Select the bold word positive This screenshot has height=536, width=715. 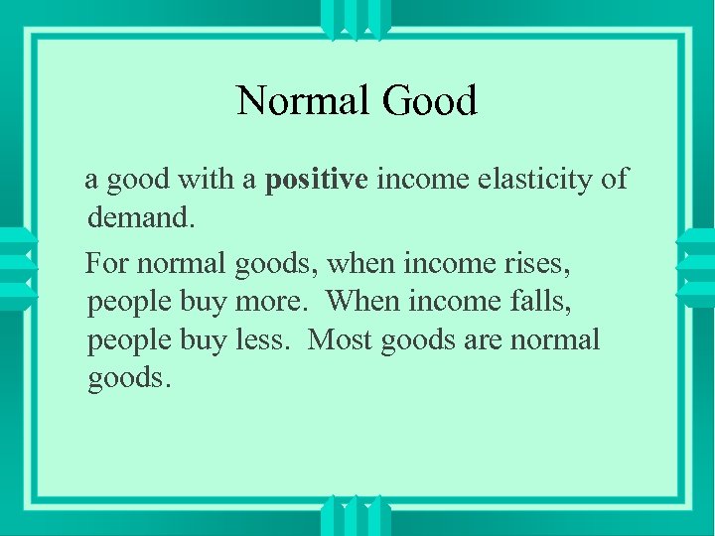(317, 180)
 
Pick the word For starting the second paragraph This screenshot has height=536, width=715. (106, 264)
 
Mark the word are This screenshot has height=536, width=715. (481, 339)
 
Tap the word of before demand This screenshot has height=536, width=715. (615, 179)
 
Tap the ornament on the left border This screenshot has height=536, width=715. (17, 267)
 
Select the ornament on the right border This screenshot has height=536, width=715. (696, 267)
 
